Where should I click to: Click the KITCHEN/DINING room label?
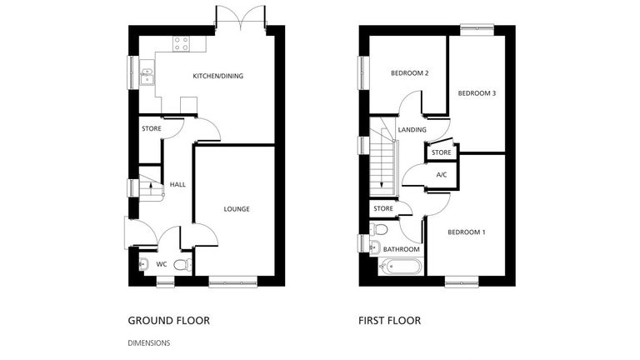coord(217,77)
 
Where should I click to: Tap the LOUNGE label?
coord(236,208)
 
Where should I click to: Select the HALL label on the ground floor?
coord(177,184)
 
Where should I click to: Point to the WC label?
coord(162,264)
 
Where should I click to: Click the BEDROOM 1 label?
coord(466,232)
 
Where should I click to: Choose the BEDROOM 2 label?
coord(409,73)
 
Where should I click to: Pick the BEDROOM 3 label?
coord(477,93)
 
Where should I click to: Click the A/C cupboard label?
coord(442,174)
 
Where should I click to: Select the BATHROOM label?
coord(400,248)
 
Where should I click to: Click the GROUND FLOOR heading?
coord(168,320)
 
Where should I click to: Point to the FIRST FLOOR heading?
coord(389,320)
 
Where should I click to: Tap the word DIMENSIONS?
coord(149,342)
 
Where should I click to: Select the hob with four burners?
coord(180,43)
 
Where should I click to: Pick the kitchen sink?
coord(146,77)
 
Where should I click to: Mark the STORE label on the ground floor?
coord(151,129)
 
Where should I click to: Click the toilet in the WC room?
coord(187,265)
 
